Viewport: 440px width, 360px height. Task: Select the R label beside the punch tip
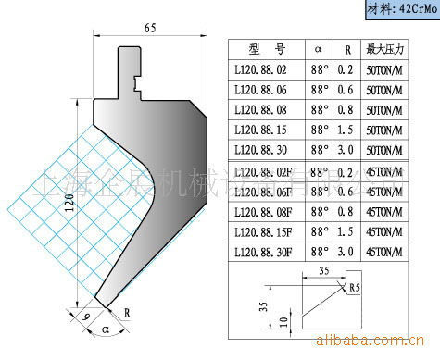point(127,313)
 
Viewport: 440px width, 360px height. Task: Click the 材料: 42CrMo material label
point(396,10)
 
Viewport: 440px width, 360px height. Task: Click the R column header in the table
point(345,47)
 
